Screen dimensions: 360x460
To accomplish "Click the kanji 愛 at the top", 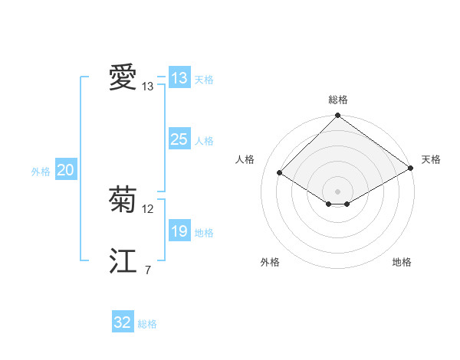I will coord(123,78).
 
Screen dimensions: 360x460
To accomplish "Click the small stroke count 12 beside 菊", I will coord(149,209).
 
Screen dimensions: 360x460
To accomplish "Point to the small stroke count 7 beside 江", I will coord(147,270).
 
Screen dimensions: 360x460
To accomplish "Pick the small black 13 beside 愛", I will coord(148,87).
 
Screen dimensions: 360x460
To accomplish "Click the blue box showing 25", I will coord(179,139).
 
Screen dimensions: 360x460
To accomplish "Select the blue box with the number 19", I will coord(179,231).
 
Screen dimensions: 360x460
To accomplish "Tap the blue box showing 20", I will coord(65,170).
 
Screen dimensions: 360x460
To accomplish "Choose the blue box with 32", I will coord(123,322).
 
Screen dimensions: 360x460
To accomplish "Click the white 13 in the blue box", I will coord(179,78).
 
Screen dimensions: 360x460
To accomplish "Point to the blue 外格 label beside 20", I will coord(41,172).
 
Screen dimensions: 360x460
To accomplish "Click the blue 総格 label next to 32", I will coord(147,324).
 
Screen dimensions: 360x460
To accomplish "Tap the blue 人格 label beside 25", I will coord(204,141).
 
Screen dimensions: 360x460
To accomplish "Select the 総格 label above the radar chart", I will coord(338,100).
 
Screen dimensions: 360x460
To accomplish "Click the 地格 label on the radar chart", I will coord(402,262).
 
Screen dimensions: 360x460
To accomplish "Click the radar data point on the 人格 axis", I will coord(280,173).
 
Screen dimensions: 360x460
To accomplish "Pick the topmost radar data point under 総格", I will coord(338,116).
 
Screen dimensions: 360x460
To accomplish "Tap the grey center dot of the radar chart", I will coord(338,191).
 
